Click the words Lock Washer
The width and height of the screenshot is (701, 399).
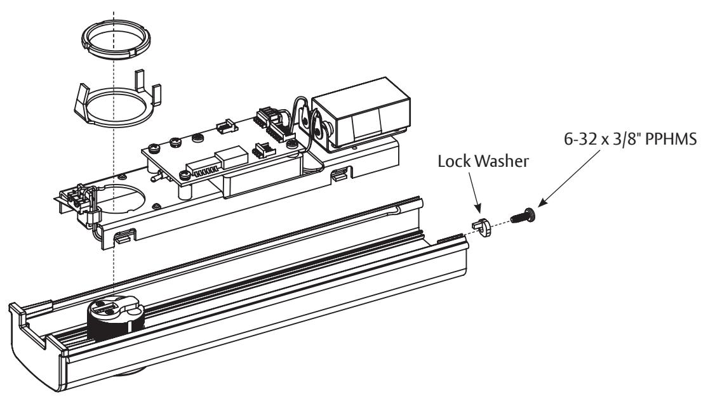pos(483,161)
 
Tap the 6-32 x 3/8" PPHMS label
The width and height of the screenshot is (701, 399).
pos(630,140)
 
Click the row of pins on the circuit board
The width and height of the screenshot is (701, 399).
pos(203,170)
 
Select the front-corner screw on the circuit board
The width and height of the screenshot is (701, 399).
pos(185,176)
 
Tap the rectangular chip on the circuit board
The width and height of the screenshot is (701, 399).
pos(231,159)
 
